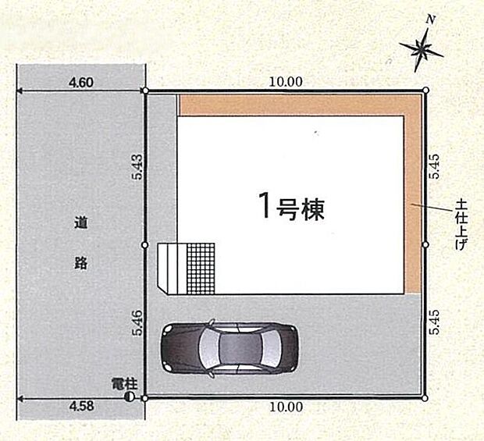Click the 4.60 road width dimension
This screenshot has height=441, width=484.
(x=81, y=80)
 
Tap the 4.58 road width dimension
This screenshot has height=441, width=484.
(x=81, y=407)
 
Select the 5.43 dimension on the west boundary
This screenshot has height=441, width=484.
(x=137, y=168)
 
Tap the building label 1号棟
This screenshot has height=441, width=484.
(x=291, y=207)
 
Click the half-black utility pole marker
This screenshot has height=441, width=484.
(x=130, y=397)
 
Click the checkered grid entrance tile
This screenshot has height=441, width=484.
(x=201, y=268)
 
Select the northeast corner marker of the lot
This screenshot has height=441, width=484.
(x=425, y=91)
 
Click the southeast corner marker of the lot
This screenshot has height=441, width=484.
(x=425, y=397)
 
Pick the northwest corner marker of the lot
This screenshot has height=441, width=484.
(x=146, y=91)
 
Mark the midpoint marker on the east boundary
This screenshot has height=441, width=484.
(x=425, y=244)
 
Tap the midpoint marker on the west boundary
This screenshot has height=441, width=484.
(x=146, y=244)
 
